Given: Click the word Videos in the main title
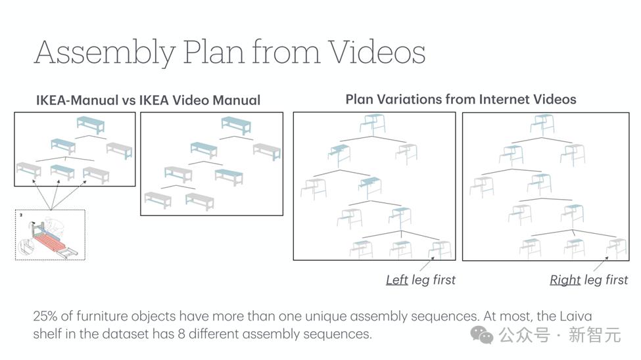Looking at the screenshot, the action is [x=377, y=53].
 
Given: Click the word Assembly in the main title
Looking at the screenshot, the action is [x=105, y=53].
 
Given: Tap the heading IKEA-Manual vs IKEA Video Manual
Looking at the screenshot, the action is [x=148, y=100].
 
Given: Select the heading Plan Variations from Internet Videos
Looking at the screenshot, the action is [x=461, y=99].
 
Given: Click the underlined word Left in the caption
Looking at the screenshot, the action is [x=397, y=279].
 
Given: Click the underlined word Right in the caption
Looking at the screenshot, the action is [x=565, y=280].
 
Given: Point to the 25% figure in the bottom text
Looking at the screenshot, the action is [x=45, y=316].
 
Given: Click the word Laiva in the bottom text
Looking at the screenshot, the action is [x=576, y=316].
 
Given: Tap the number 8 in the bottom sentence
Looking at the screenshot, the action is [x=181, y=334].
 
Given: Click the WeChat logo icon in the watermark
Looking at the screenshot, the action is [x=481, y=334].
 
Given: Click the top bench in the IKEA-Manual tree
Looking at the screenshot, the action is [x=90, y=124].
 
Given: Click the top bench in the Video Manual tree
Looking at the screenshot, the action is [x=236, y=125].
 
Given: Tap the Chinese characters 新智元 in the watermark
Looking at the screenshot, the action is [x=595, y=335].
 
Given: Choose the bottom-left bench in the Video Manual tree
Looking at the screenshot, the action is [x=158, y=200].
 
